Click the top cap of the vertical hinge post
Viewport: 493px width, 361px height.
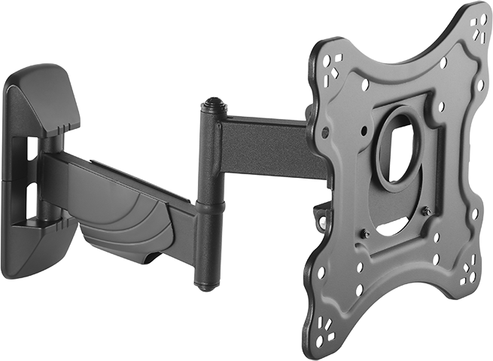213,103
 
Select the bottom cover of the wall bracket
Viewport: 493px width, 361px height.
34,249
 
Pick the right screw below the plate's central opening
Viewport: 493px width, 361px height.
427,213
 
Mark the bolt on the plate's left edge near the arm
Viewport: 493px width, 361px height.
325,132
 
